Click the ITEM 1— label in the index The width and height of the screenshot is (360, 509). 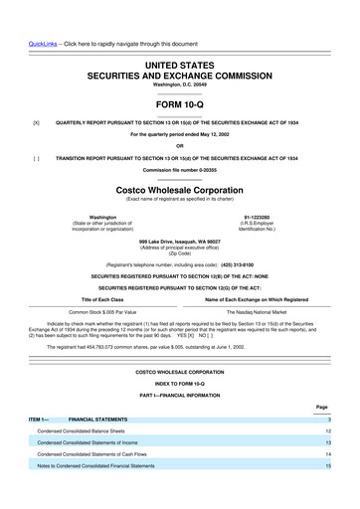click(x=39, y=419)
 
